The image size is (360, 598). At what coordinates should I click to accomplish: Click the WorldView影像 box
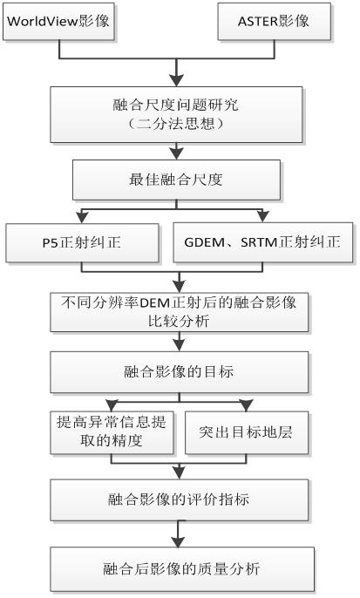58,21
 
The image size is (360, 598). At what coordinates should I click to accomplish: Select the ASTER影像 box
275,21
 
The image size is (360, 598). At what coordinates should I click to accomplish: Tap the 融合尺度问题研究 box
176,114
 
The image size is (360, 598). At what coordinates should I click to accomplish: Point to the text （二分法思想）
176,124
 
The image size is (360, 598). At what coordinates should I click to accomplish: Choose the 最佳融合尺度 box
176,180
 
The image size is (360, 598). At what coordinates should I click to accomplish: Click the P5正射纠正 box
82,242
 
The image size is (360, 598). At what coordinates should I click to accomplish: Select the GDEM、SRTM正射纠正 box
263,242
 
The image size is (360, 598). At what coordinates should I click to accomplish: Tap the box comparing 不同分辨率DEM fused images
180,312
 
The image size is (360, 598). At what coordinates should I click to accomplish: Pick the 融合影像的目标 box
180,372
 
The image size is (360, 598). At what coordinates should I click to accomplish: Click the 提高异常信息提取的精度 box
112,432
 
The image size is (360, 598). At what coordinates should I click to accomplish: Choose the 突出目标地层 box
247,432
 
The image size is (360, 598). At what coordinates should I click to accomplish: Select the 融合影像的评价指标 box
180,499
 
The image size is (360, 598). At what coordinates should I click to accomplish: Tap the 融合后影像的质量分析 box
182,568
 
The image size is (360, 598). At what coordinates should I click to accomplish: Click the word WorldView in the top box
37,21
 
